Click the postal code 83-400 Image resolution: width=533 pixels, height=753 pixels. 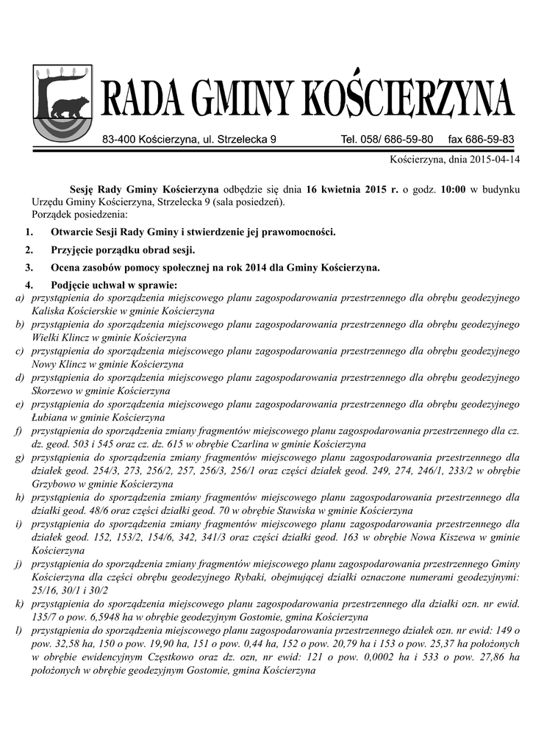point(119,139)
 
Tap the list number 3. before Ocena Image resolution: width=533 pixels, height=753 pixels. point(29,268)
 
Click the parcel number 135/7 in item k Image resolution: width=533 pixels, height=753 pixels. point(45,617)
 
